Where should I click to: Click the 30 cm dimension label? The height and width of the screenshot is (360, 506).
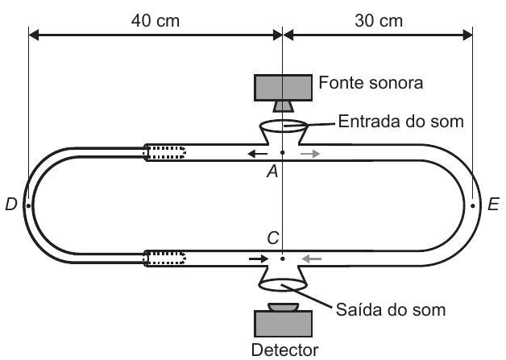(x=379, y=20)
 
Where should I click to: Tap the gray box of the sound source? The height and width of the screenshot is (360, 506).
(x=284, y=85)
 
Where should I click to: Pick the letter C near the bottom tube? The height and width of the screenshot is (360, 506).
(x=274, y=239)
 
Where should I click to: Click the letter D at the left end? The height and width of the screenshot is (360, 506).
(x=11, y=205)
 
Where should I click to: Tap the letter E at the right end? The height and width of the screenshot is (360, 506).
(x=493, y=205)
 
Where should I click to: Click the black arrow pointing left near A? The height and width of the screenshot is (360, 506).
(x=258, y=153)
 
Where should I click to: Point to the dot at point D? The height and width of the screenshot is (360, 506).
(x=28, y=205)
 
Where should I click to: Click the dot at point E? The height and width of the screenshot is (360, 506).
(x=473, y=205)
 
